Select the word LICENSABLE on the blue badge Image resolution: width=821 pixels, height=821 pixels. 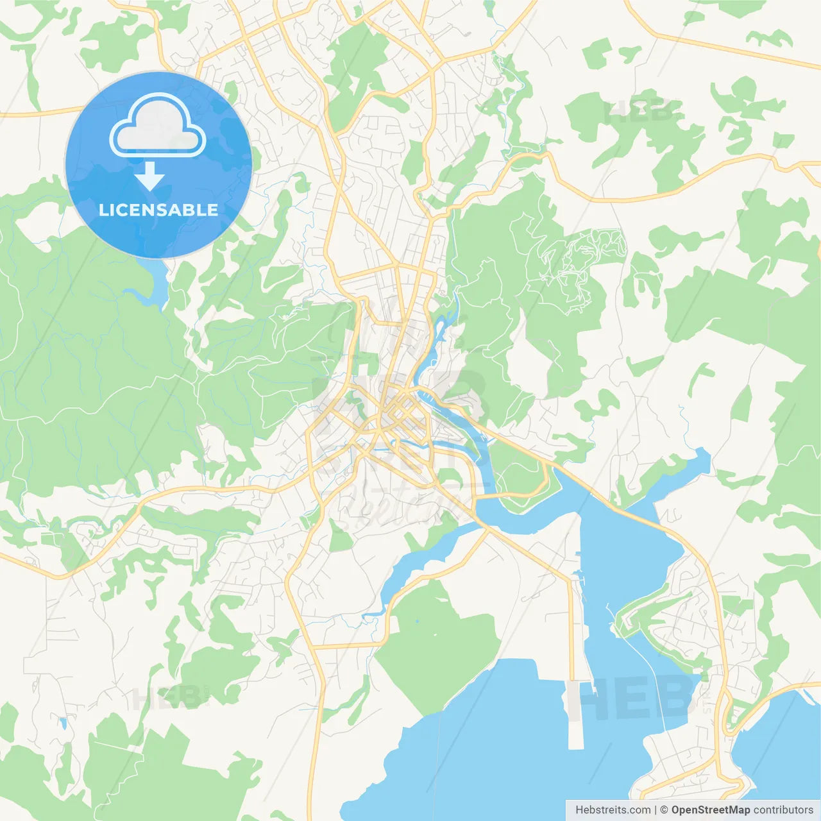[x=158, y=210]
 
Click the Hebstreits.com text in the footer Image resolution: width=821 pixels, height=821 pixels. [x=613, y=810]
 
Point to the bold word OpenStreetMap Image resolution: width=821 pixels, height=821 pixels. [x=710, y=810]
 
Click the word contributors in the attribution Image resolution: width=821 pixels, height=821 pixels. [x=783, y=810]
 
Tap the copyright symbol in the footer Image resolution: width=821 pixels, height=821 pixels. [x=664, y=810]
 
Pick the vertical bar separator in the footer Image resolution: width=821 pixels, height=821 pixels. [x=656, y=810]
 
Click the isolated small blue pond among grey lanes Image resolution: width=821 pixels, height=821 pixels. [x=63, y=724]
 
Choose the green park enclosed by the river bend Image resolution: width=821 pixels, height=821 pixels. [x=521, y=478]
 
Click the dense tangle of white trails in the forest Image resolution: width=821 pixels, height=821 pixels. [x=580, y=257]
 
